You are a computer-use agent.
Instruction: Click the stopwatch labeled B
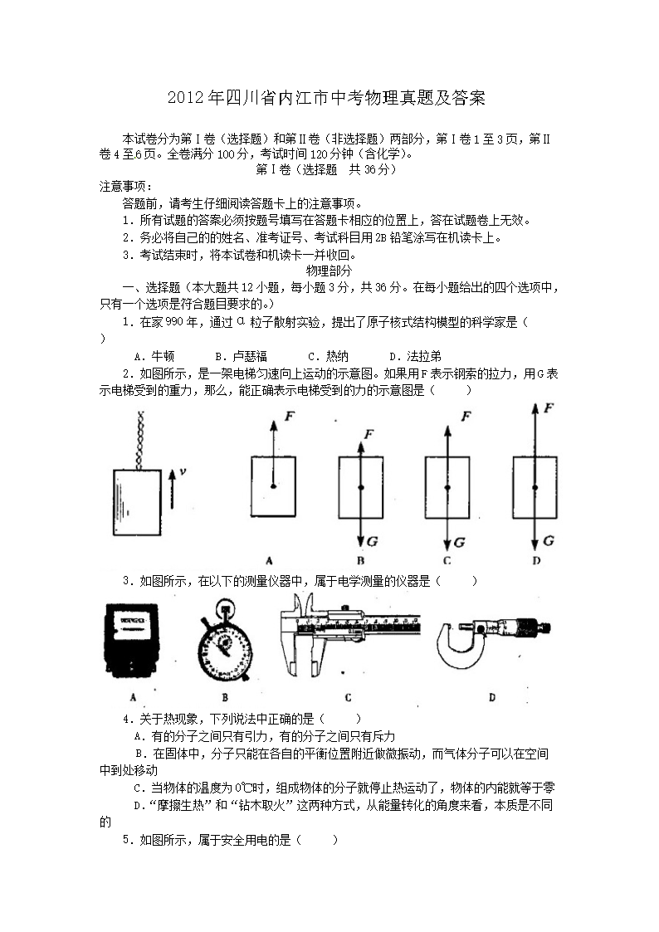[225, 640]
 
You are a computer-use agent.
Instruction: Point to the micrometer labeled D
[493, 642]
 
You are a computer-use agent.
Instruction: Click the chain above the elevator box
[141, 439]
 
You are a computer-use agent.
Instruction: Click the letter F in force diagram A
[290, 416]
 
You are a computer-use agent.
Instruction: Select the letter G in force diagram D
[548, 540]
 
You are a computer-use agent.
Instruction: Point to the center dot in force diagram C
[447, 487]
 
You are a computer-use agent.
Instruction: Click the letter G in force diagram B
[372, 541]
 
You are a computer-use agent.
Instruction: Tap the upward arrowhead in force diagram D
[535, 408]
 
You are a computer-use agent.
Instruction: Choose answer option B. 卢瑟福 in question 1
[242, 356]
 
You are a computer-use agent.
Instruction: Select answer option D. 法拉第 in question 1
[415, 356]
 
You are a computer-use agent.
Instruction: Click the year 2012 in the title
[187, 98]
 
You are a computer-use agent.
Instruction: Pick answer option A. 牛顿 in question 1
[154, 356]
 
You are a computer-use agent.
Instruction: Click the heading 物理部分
[329, 271]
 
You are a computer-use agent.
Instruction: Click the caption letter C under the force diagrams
[447, 560]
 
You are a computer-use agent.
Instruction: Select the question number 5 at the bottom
[126, 840]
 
